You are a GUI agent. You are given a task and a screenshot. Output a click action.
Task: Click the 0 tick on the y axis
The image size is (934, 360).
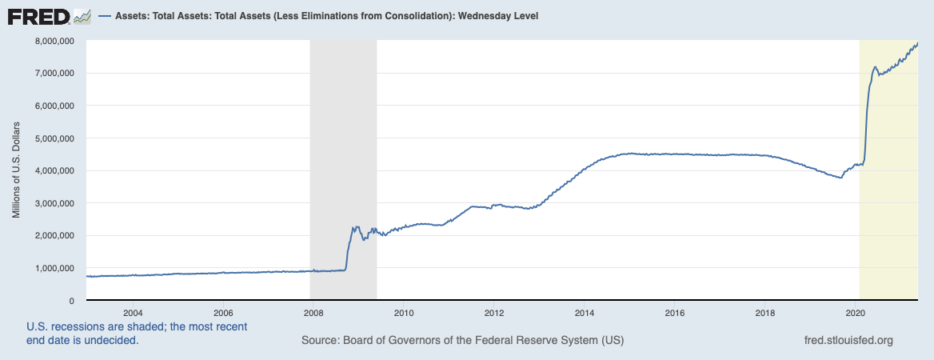point(71,301)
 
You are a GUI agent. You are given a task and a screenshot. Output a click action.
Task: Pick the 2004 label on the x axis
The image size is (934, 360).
point(132,312)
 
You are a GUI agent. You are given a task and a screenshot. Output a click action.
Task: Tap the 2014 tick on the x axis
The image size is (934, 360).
point(585,312)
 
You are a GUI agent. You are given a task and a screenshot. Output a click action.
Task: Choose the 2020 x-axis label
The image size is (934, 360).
point(856,312)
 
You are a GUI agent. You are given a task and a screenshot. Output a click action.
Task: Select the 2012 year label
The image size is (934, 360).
point(494,312)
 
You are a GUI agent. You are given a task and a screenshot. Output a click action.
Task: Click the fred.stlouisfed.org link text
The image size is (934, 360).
point(848,341)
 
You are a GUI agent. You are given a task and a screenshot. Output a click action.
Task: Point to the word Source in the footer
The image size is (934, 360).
point(319,341)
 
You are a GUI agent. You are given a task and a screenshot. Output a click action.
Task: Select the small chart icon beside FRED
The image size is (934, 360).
point(82,16)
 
